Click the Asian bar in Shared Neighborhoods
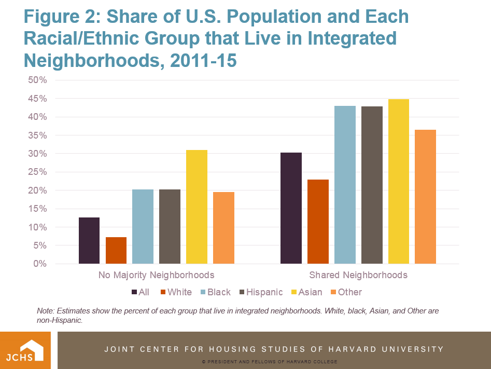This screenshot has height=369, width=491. point(399,182)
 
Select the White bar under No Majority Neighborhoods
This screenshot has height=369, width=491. point(116,251)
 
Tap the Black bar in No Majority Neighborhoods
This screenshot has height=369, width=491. point(143,227)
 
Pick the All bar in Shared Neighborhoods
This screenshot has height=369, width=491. point(291,208)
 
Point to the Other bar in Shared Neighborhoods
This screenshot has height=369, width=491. point(425,197)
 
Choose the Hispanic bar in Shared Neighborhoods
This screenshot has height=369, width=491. point(372,185)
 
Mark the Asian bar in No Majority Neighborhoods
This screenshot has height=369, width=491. point(197,207)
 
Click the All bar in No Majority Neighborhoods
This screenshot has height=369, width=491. point(89,241)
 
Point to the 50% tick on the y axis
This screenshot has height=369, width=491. point(38,80)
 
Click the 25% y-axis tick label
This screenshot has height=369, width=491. point(38,172)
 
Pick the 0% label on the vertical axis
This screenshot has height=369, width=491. point(40,264)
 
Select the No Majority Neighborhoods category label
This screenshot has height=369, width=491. point(156,275)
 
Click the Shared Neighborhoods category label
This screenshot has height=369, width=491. point(358,275)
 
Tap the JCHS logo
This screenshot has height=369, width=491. point(25,350)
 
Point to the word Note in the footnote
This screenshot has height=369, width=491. point(46,310)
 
